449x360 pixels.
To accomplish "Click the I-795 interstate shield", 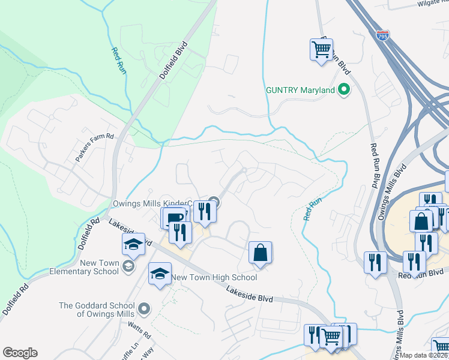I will point(382,37).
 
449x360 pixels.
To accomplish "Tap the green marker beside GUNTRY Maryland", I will point(344,90).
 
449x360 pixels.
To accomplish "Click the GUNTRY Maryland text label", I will point(300,90).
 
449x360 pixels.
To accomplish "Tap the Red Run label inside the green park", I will point(118,61).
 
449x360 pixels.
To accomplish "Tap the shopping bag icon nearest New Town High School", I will point(261,253).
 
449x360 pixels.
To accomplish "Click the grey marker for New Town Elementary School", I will point(127,266).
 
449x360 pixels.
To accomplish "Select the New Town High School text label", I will point(214,277).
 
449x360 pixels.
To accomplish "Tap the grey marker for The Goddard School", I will point(143,309).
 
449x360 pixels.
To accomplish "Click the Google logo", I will point(20,353).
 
